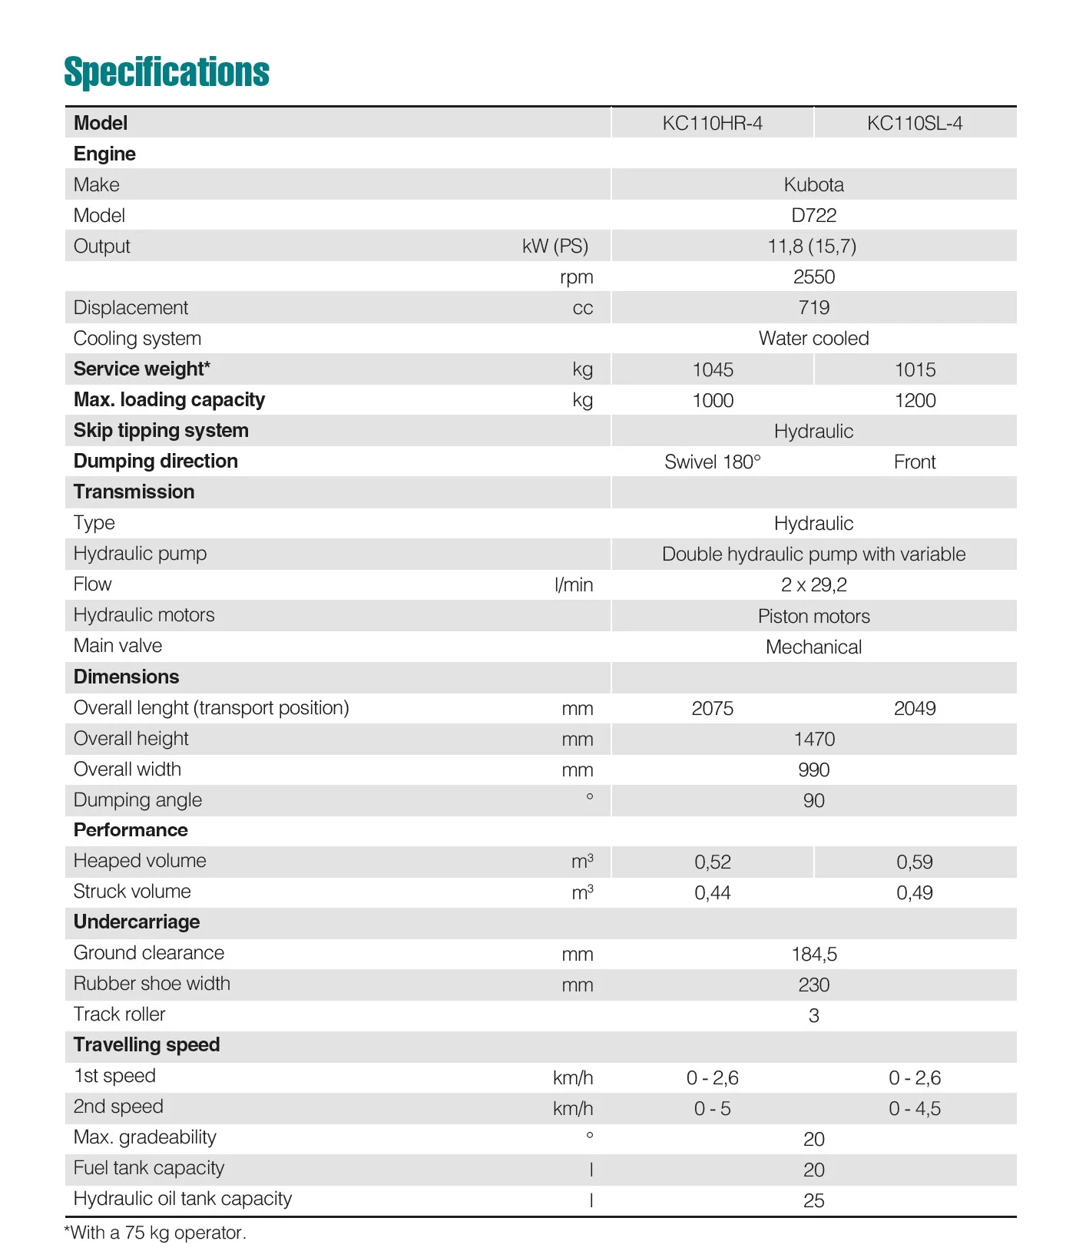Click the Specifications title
tap(167, 72)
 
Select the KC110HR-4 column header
tap(712, 124)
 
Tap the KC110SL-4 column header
tap(914, 124)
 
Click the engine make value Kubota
tap(813, 185)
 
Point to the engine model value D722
tap(813, 216)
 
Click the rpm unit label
tap(576, 277)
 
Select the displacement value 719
tap(813, 308)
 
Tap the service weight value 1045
tap(713, 370)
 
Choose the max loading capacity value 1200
tap(915, 401)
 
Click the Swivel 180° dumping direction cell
tap(712, 462)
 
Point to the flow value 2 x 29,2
tap(813, 585)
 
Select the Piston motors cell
tap(813, 617)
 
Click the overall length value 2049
tap(915, 709)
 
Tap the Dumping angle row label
tap(137, 800)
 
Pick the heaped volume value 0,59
tap(915, 862)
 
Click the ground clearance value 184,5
tap(813, 955)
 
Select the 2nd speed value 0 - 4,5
tap(915, 1109)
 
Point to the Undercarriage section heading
tap(137, 922)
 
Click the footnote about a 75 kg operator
tap(155, 1233)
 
